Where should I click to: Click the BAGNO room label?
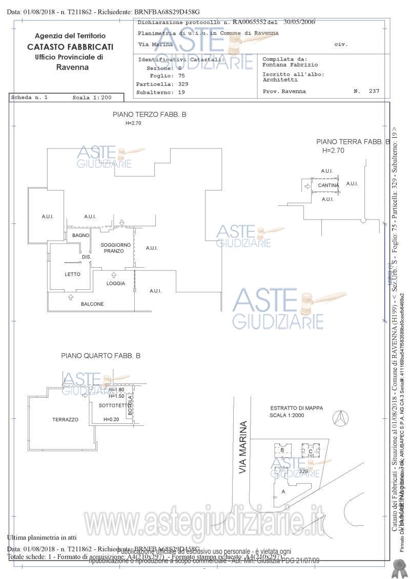pyautogui.click(x=81, y=235)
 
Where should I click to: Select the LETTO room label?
pyautogui.click(x=73, y=274)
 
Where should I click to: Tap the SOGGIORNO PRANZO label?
pyautogui.click(x=116, y=248)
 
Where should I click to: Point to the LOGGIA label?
pyautogui.click(x=116, y=283)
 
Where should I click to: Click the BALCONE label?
pyautogui.click(x=92, y=304)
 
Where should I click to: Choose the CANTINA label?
pyautogui.click(x=328, y=185)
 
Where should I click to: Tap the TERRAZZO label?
pyautogui.click(x=65, y=420)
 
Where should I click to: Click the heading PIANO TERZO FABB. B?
pyautogui.click(x=149, y=115)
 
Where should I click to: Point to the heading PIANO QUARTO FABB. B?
pyautogui.click(x=100, y=355)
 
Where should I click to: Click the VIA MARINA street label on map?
pyautogui.click(x=243, y=447)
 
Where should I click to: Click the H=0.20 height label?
pyautogui.click(x=111, y=419)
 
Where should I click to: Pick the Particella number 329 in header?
pyautogui.click(x=183, y=84)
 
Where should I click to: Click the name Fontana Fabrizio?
pyautogui.click(x=290, y=65)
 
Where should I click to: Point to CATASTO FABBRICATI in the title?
pyautogui.click(x=70, y=47)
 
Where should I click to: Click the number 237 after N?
pyautogui.click(x=374, y=91)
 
